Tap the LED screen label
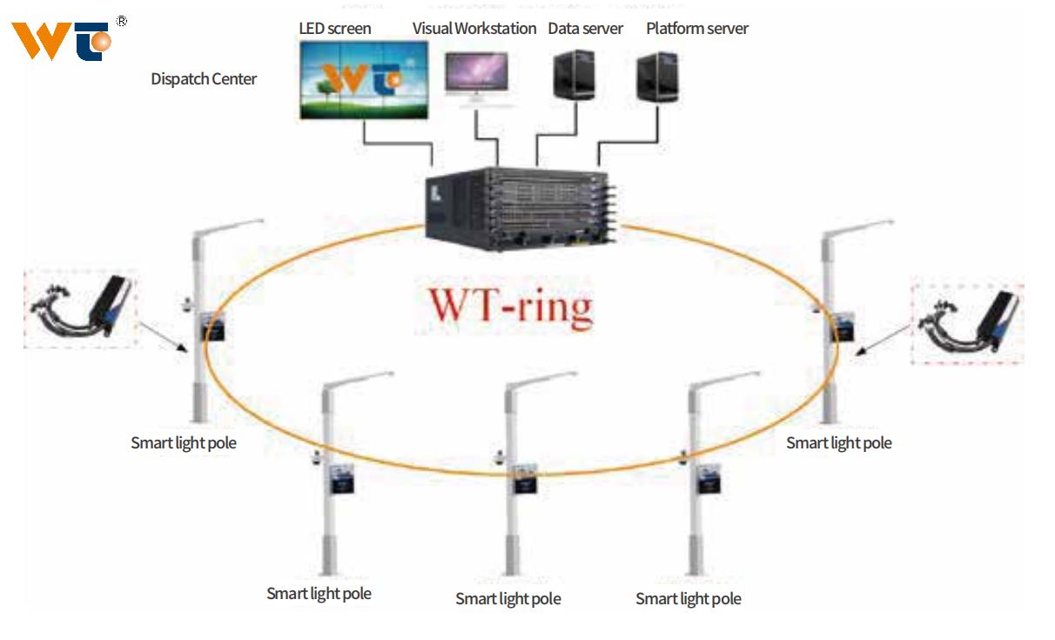click(335, 29)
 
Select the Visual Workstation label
click(474, 29)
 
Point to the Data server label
click(586, 29)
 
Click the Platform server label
click(697, 29)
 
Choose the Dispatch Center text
click(204, 79)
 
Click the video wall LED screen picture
click(363, 80)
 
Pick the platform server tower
click(657, 76)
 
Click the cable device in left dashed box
click(81, 308)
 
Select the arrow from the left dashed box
click(164, 336)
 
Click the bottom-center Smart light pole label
click(508, 599)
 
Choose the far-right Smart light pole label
click(839, 443)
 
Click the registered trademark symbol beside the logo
click(121, 21)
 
